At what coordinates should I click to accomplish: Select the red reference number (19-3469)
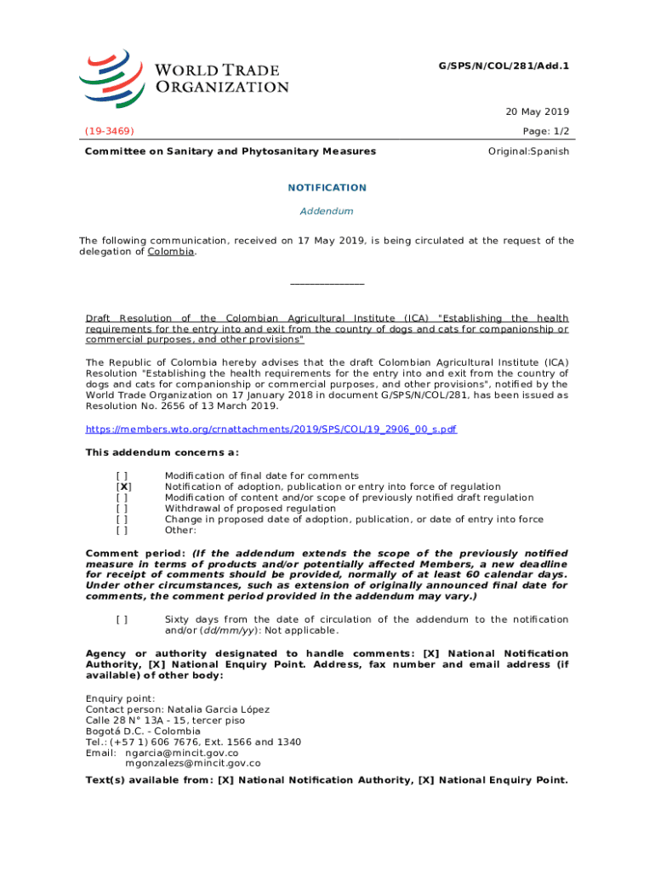[x=109, y=131]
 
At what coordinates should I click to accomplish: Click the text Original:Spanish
[x=528, y=151]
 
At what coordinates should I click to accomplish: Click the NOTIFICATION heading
[x=327, y=188]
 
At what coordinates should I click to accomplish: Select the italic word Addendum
[x=327, y=211]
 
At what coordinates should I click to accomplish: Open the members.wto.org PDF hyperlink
[x=271, y=430]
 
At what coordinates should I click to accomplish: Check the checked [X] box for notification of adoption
[x=123, y=487]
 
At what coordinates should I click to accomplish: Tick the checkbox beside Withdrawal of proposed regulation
[x=123, y=509]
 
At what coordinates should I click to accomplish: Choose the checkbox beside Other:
[x=123, y=530]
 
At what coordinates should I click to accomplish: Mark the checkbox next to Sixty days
[x=123, y=620]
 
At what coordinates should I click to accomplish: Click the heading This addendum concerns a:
[x=162, y=452]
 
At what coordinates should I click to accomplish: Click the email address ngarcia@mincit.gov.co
[x=182, y=753]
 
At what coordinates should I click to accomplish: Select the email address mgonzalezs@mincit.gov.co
[x=193, y=763]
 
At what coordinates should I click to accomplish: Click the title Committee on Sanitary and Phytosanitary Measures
[x=230, y=151]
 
